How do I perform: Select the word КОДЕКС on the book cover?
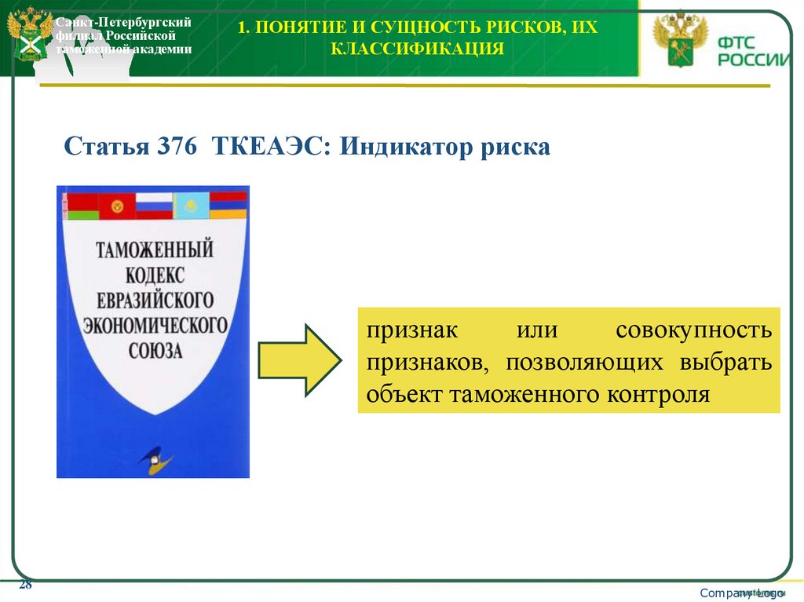point(153,275)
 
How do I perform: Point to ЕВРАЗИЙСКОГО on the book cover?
point(153,300)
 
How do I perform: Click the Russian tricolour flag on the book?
point(153,206)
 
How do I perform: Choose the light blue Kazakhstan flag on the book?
point(190,206)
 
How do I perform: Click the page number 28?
point(25,585)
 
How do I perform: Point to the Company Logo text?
point(741,593)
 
